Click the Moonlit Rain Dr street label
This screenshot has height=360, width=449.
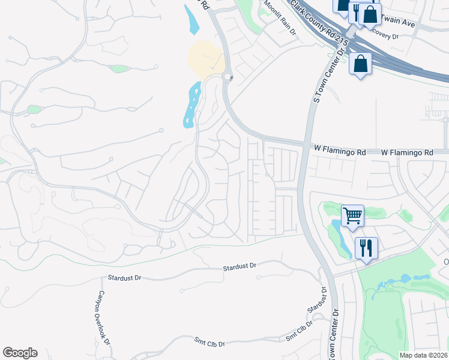point(278,19)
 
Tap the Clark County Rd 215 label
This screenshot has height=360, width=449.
point(318,24)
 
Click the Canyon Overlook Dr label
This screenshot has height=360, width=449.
point(101,318)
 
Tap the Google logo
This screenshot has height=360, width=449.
point(20,353)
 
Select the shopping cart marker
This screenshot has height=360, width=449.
point(352,215)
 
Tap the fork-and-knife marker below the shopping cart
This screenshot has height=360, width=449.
point(366,247)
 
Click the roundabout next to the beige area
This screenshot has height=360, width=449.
point(228,77)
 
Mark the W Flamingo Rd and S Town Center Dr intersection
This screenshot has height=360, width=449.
point(306,146)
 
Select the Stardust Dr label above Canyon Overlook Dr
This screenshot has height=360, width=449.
point(124,278)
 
